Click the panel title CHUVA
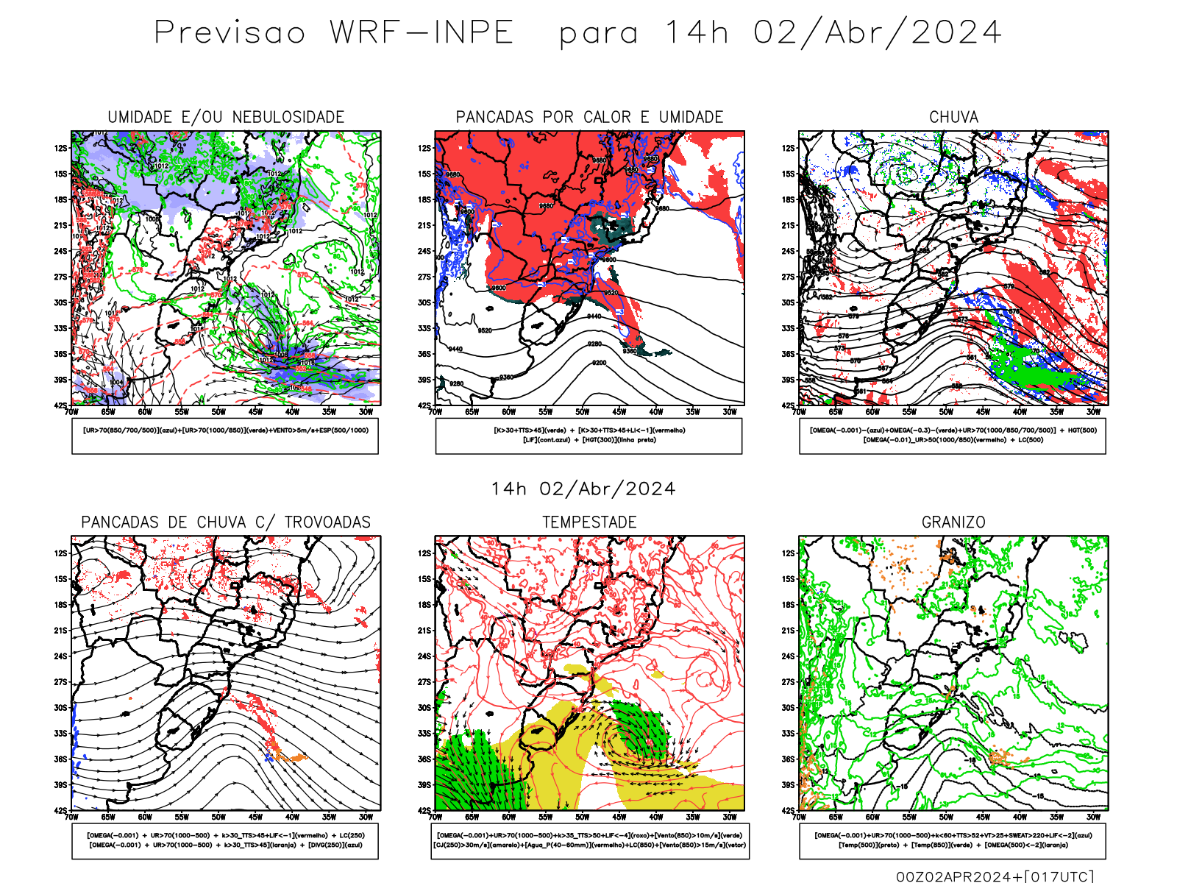pos(953,117)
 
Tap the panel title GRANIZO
pos(953,522)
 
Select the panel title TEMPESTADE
pos(589,522)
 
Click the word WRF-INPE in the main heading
pos(422,33)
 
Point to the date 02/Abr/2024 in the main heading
pos(877,33)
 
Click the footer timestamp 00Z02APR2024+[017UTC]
pos(995,876)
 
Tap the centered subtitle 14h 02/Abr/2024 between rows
pos(583,489)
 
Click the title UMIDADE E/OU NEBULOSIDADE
pos(226,117)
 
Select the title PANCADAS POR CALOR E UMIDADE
pos(589,117)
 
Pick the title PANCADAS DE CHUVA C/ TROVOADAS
pos(226,522)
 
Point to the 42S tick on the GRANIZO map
pos(788,811)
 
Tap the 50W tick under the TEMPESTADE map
pos(582,817)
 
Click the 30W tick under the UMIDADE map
pos(366,412)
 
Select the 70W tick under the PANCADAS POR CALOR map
pos(435,412)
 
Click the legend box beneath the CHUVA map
pos(953,436)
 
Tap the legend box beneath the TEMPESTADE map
pos(590,840)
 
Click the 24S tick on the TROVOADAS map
pos(60,656)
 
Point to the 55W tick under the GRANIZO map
pos(909,817)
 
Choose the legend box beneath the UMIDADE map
pos(225,436)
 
